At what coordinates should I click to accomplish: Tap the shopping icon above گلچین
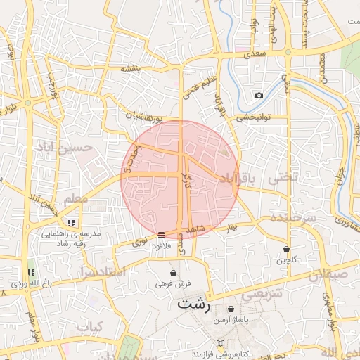tap(286, 250)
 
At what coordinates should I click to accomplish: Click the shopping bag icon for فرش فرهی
tap(173, 273)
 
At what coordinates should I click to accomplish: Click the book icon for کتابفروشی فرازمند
tap(221, 342)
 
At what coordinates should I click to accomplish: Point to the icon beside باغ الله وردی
tap(30, 272)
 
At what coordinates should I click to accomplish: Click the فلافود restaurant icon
tap(162, 235)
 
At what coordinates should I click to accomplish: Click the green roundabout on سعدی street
tap(288, 52)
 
